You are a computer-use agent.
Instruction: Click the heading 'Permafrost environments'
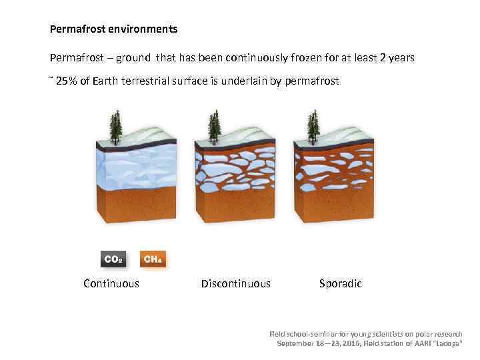(x=113, y=29)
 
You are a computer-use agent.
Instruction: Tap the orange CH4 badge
(x=153, y=259)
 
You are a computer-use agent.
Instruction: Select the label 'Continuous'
(x=111, y=283)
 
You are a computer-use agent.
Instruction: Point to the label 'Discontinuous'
(x=236, y=283)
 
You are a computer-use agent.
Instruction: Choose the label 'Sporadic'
(x=340, y=283)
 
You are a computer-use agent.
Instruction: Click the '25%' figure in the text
(x=66, y=81)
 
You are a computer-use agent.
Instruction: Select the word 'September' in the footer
(x=297, y=343)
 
